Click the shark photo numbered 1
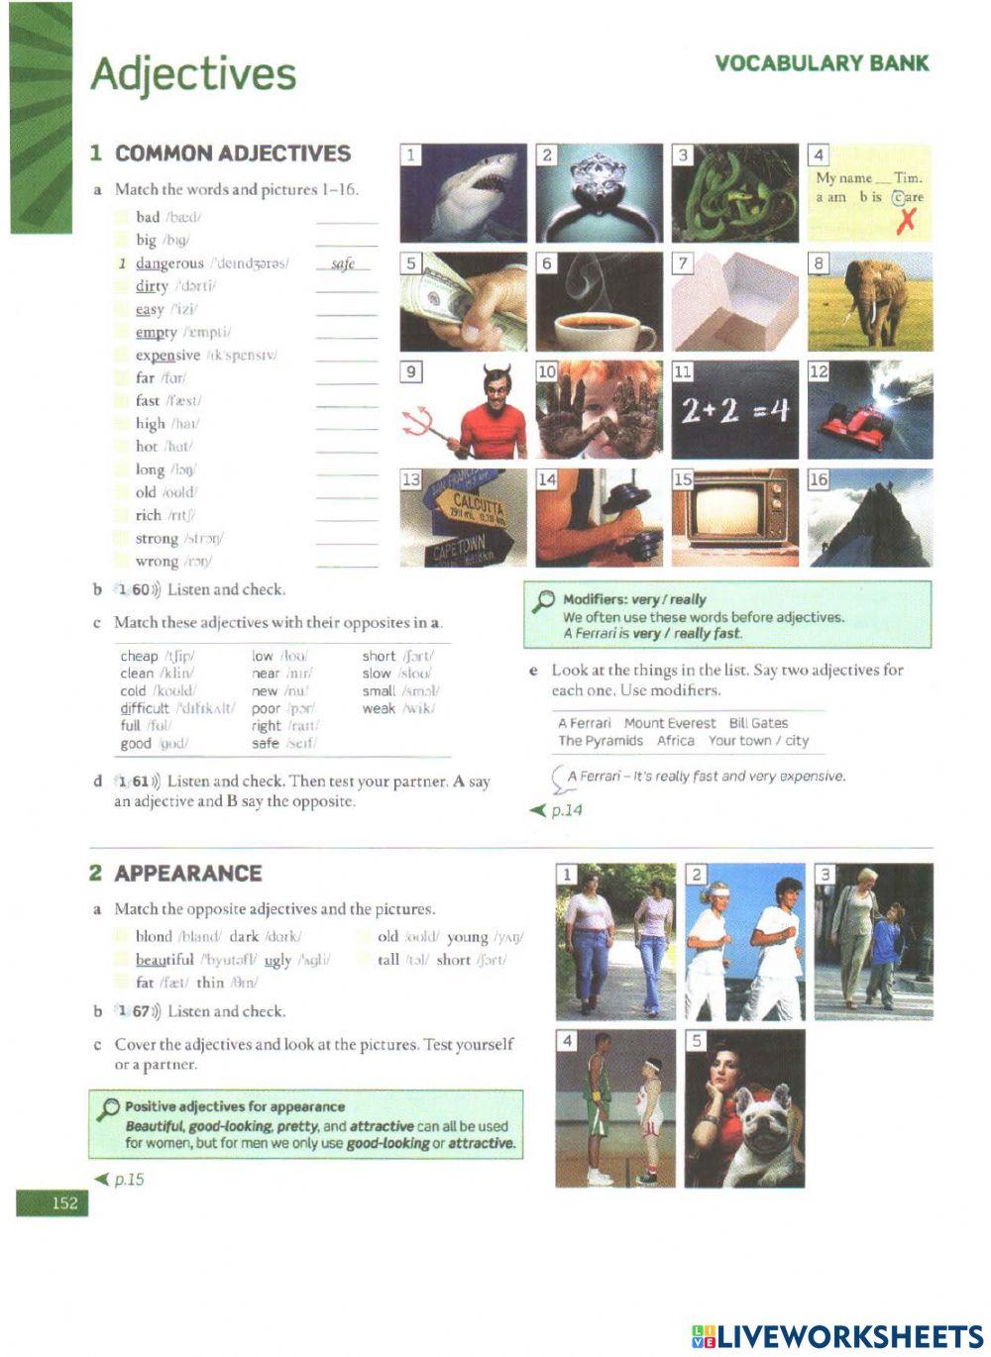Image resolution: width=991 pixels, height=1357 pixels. pos(464,193)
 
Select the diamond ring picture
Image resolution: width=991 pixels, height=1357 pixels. pos(600,193)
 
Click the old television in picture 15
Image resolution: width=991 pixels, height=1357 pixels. pos(734,517)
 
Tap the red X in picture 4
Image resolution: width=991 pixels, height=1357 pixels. pos(905,222)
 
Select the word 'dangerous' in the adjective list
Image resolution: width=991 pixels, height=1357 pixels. pos(169,263)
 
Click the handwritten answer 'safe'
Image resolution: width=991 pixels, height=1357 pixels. pos(344,263)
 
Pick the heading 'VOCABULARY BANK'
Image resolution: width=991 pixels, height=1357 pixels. pos(822,63)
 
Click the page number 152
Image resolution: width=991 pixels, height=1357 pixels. pos(64,1202)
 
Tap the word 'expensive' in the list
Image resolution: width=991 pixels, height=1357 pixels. pos(167,355)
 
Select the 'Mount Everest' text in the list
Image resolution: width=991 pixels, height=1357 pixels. pos(669,723)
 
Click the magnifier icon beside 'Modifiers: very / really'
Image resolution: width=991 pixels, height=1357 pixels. pos(544,600)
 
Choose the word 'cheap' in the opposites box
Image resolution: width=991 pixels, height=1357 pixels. pos(139,656)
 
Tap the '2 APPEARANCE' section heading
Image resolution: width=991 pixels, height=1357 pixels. pos(176,873)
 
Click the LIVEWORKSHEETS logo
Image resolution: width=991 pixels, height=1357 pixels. pos(837,1336)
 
